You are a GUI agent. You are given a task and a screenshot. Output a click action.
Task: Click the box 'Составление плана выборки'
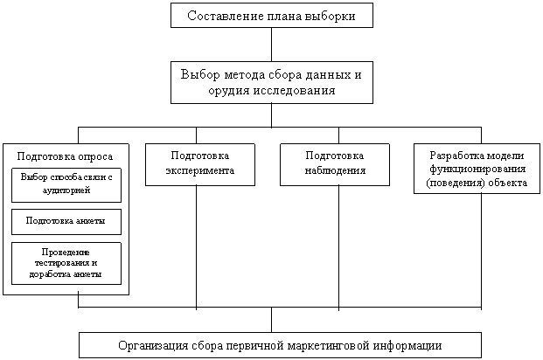(x=271, y=15)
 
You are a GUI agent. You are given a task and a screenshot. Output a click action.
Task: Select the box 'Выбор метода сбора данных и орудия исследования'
(x=271, y=82)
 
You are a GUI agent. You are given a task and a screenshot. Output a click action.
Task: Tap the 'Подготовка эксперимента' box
(x=199, y=163)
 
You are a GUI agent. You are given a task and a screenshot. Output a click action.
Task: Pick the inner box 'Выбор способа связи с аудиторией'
(x=66, y=183)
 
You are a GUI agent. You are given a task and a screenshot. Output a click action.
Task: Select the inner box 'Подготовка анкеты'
(x=66, y=221)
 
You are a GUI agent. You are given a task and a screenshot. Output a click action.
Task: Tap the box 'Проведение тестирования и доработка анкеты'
(x=66, y=263)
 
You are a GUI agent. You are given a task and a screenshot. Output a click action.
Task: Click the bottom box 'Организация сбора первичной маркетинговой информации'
(x=280, y=345)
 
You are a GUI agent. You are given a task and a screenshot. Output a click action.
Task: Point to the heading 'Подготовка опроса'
(x=66, y=156)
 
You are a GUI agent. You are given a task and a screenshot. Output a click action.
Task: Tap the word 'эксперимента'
(x=199, y=170)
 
